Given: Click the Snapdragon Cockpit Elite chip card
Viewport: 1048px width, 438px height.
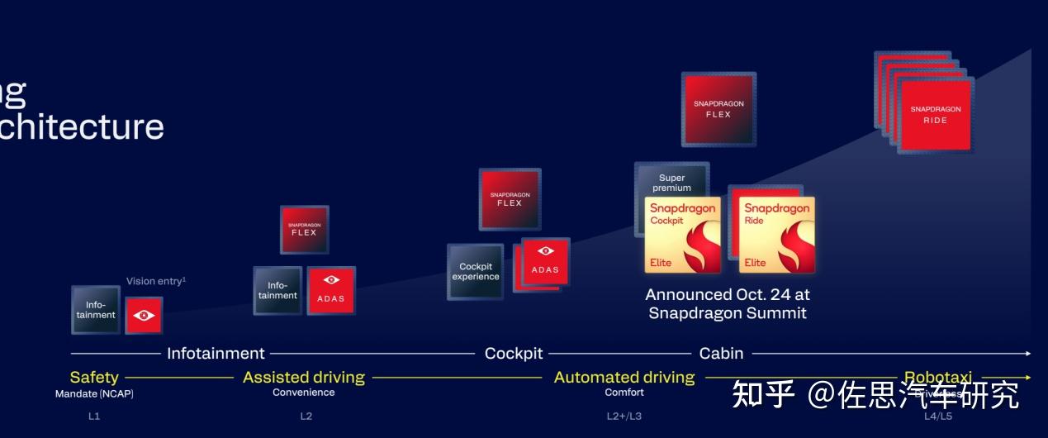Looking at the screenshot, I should tap(682, 235).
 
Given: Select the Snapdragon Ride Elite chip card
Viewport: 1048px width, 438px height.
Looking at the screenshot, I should tap(776, 235).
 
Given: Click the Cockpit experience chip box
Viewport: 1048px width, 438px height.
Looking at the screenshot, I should tap(475, 272).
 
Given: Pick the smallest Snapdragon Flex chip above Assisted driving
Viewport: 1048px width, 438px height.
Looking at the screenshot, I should tap(304, 229).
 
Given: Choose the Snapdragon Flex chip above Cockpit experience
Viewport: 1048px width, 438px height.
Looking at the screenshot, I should tap(510, 199).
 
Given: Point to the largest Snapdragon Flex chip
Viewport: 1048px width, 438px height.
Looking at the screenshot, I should tap(718, 109).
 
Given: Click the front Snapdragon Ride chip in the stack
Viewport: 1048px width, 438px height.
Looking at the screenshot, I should tap(936, 115).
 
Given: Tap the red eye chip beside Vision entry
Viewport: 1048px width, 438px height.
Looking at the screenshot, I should tap(144, 316).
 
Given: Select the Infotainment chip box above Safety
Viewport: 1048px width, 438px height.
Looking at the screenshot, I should tap(96, 310).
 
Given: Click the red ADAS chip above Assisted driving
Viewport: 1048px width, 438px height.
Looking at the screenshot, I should tap(331, 290).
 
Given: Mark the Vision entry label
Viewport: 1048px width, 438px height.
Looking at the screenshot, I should tap(156, 281).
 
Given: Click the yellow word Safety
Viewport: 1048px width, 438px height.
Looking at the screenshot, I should tap(94, 378).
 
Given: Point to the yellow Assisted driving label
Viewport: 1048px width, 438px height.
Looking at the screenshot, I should tap(303, 378).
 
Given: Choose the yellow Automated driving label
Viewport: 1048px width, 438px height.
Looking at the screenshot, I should tap(624, 378).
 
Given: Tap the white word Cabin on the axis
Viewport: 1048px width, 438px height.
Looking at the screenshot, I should tap(722, 354).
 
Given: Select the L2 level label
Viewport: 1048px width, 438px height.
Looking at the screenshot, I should tap(306, 416).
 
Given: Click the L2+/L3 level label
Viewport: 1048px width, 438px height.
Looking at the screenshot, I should tap(624, 416).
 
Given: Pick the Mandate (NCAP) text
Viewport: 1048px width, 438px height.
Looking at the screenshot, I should tap(94, 393).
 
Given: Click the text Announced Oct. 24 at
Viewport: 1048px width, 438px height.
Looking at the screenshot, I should tap(727, 295).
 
